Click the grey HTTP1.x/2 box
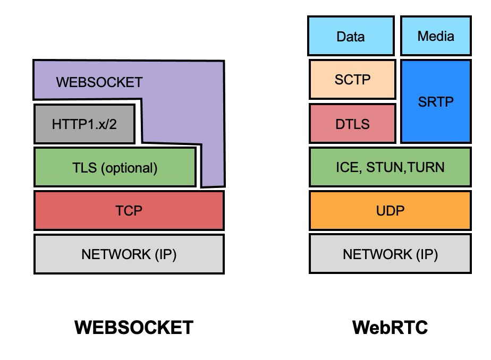pos(84,124)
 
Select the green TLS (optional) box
pos(115,168)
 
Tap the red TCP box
pos(129,211)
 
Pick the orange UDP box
pos(390,211)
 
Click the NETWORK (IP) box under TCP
pos(129,254)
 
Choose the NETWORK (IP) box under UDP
pos(390,254)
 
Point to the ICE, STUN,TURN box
pos(390,167)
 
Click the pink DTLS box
pos(352,124)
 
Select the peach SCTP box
pos(352,80)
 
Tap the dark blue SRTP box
pos(436,101)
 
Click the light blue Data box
pos(351,36)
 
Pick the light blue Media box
pos(436,36)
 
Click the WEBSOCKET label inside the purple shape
pos(99,82)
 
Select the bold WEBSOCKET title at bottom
pos(134,327)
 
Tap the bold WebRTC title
pos(390,327)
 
